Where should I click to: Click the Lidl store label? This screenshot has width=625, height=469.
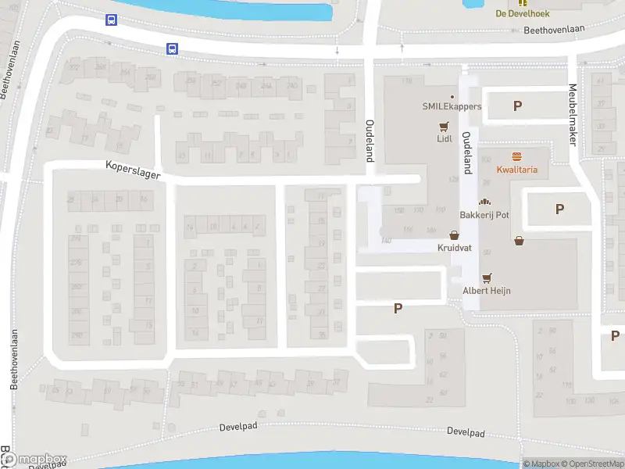pos(444,140)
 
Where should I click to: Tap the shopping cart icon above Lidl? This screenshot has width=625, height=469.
pos(444,127)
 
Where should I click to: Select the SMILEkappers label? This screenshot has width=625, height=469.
pos(452,106)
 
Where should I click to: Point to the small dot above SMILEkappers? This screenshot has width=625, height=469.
pos(452,96)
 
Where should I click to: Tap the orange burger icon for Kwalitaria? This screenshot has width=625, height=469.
pos(516,156)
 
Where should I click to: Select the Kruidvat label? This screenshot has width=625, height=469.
pos(454,247)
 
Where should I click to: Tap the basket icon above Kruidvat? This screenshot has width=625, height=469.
pos(454,234)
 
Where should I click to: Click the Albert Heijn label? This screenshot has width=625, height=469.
pos(487,290)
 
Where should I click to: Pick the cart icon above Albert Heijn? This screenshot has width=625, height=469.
pos(487,277)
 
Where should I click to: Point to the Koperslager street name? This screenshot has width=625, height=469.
pos(133,170)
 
